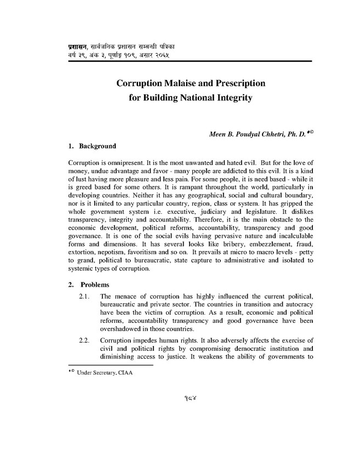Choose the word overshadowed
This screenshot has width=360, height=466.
[125, 331]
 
